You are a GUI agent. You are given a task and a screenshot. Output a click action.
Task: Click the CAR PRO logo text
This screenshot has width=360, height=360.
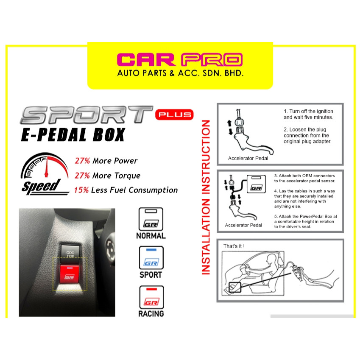pyautogui.click(x=180, y=60)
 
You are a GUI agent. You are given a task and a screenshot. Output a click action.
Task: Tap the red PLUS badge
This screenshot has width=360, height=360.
pyautogui.click(x=174, y=114)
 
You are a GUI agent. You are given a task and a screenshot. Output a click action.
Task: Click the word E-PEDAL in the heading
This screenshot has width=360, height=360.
pyautogui.click(x=54, y=134)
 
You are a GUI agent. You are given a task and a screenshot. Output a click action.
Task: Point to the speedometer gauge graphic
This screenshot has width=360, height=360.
pyautogui.click(x=45, y=165)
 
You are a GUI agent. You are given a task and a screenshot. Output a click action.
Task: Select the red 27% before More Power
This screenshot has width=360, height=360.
pyautogui.click(x=82, y=161)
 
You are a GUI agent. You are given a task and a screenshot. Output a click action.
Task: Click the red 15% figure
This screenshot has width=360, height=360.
pyautogui.click(x=81, y=190)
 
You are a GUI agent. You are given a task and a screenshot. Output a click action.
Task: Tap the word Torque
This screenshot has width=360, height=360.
pyautogui.click(x=127, y=176)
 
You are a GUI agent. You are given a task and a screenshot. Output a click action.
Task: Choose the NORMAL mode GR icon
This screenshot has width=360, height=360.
pyautogui.click(x=151, y=219)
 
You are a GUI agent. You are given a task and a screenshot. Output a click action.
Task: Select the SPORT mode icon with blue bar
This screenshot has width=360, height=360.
pyautogui.click(x=151, y=258)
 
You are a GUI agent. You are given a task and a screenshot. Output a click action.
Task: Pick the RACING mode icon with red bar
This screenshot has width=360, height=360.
pyautogui.click(x=151, y=297)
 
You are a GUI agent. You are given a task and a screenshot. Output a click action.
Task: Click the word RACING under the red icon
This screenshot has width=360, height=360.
pyautogui.click(x=151, y=314)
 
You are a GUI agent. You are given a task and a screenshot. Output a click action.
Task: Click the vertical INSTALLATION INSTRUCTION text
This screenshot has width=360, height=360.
pyautogui.click(x=206, y=197)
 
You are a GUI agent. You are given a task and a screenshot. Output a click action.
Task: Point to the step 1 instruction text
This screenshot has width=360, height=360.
pyautogui.click(x=308, y=114)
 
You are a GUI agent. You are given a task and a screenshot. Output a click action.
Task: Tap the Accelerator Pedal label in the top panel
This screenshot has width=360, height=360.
pyautogui.click(x=248, y=159)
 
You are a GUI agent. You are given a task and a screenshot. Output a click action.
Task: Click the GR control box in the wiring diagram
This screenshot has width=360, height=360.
pyautogui.click(x=256, y=184)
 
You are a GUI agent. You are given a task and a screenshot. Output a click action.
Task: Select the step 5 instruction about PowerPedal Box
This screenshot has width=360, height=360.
pyautogui.click(x=306, y=222)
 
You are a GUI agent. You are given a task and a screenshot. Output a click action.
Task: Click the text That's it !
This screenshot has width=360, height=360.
pyautogui.click(x=234, y=246)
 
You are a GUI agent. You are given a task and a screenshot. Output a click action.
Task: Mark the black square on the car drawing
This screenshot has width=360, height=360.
pyautogui.click(x=234, y=287)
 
